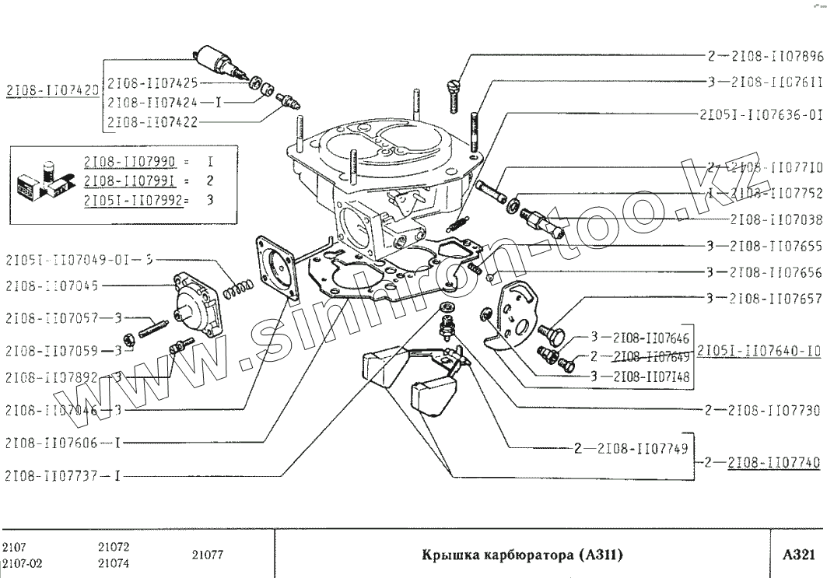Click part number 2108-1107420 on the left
[x=51, y=90]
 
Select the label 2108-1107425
[x=152, y=82]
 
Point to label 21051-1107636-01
[x=761, y=114]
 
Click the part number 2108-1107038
[x=776, y=220]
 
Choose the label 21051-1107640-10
[x=759, y=351]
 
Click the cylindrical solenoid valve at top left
[x=219, y=59]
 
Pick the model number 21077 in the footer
[x=207, y=555]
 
